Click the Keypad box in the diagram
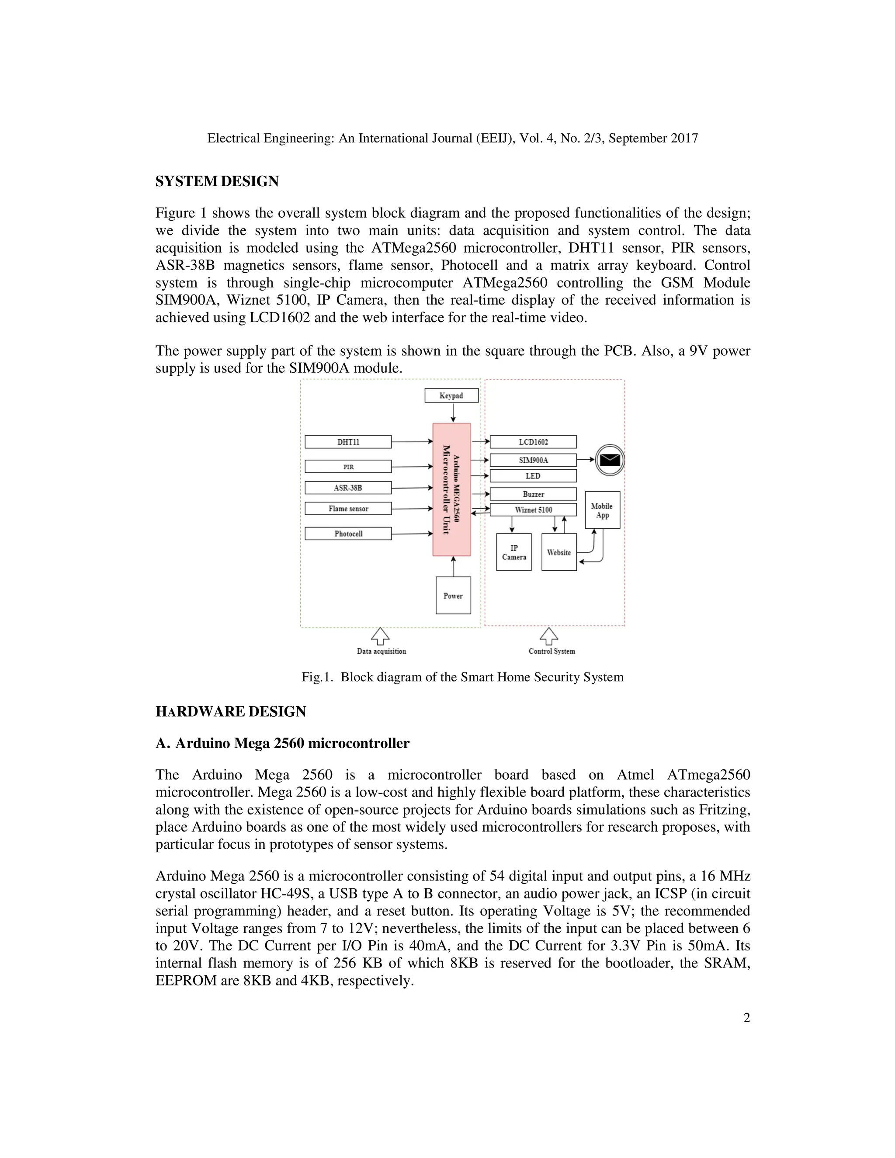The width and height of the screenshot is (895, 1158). [451, 395]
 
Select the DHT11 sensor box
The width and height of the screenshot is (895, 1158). [348, 442]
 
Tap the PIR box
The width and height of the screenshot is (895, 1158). [348, 467]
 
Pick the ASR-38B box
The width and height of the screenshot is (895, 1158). [348, 488]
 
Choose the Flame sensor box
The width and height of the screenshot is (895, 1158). [348, 509]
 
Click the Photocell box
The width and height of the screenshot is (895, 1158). [348, 534]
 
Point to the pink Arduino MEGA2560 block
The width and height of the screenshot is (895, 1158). [451, 489]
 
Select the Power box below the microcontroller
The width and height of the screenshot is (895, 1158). [453, 596]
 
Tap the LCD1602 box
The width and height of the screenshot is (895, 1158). [533, 442]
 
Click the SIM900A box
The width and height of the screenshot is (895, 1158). [533, 460]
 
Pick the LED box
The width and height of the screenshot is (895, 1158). [533, 475]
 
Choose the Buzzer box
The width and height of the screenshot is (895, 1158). [533, 494]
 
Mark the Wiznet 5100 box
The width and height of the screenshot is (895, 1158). [533, 510]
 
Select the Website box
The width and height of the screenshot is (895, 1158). [559, 552]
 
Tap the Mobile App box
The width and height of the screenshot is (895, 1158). [602, 510]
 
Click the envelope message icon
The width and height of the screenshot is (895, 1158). [610, 460]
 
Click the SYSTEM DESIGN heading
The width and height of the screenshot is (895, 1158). [217, 181]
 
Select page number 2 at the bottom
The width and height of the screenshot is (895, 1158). [746, 1018]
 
